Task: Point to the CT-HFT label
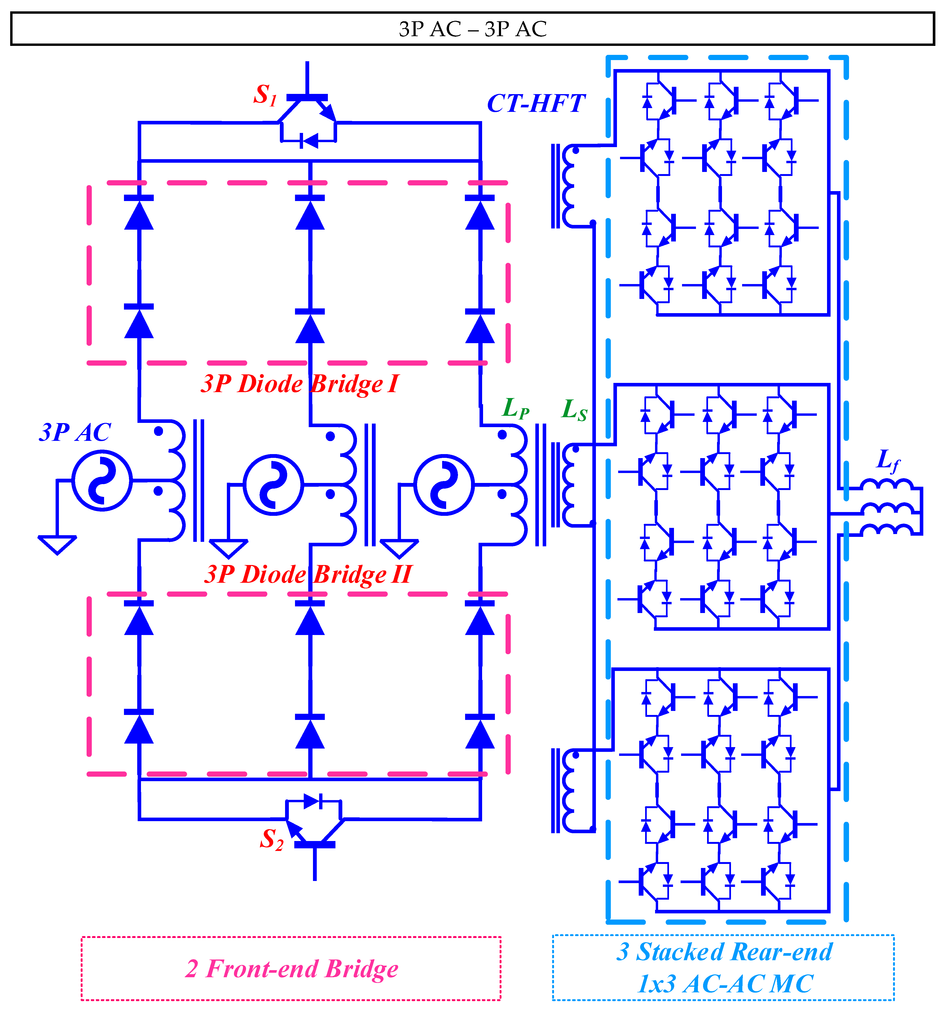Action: [536, 104]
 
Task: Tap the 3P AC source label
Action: [75, 433]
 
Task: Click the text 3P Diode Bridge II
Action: [308, 575]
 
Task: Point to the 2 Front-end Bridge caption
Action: [291, 969]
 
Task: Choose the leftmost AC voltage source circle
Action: [102, 480]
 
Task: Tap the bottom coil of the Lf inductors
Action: [886, 530]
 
